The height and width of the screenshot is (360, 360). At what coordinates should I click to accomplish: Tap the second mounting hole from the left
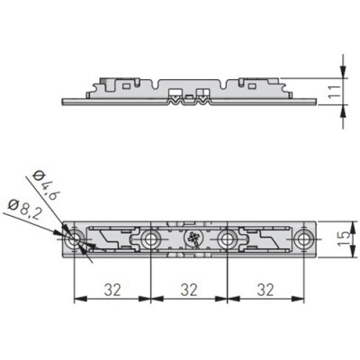[150, 239]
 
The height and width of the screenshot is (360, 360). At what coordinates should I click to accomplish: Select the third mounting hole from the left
[227, 239]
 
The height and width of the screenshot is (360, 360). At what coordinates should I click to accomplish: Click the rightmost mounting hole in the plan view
[304, 239]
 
